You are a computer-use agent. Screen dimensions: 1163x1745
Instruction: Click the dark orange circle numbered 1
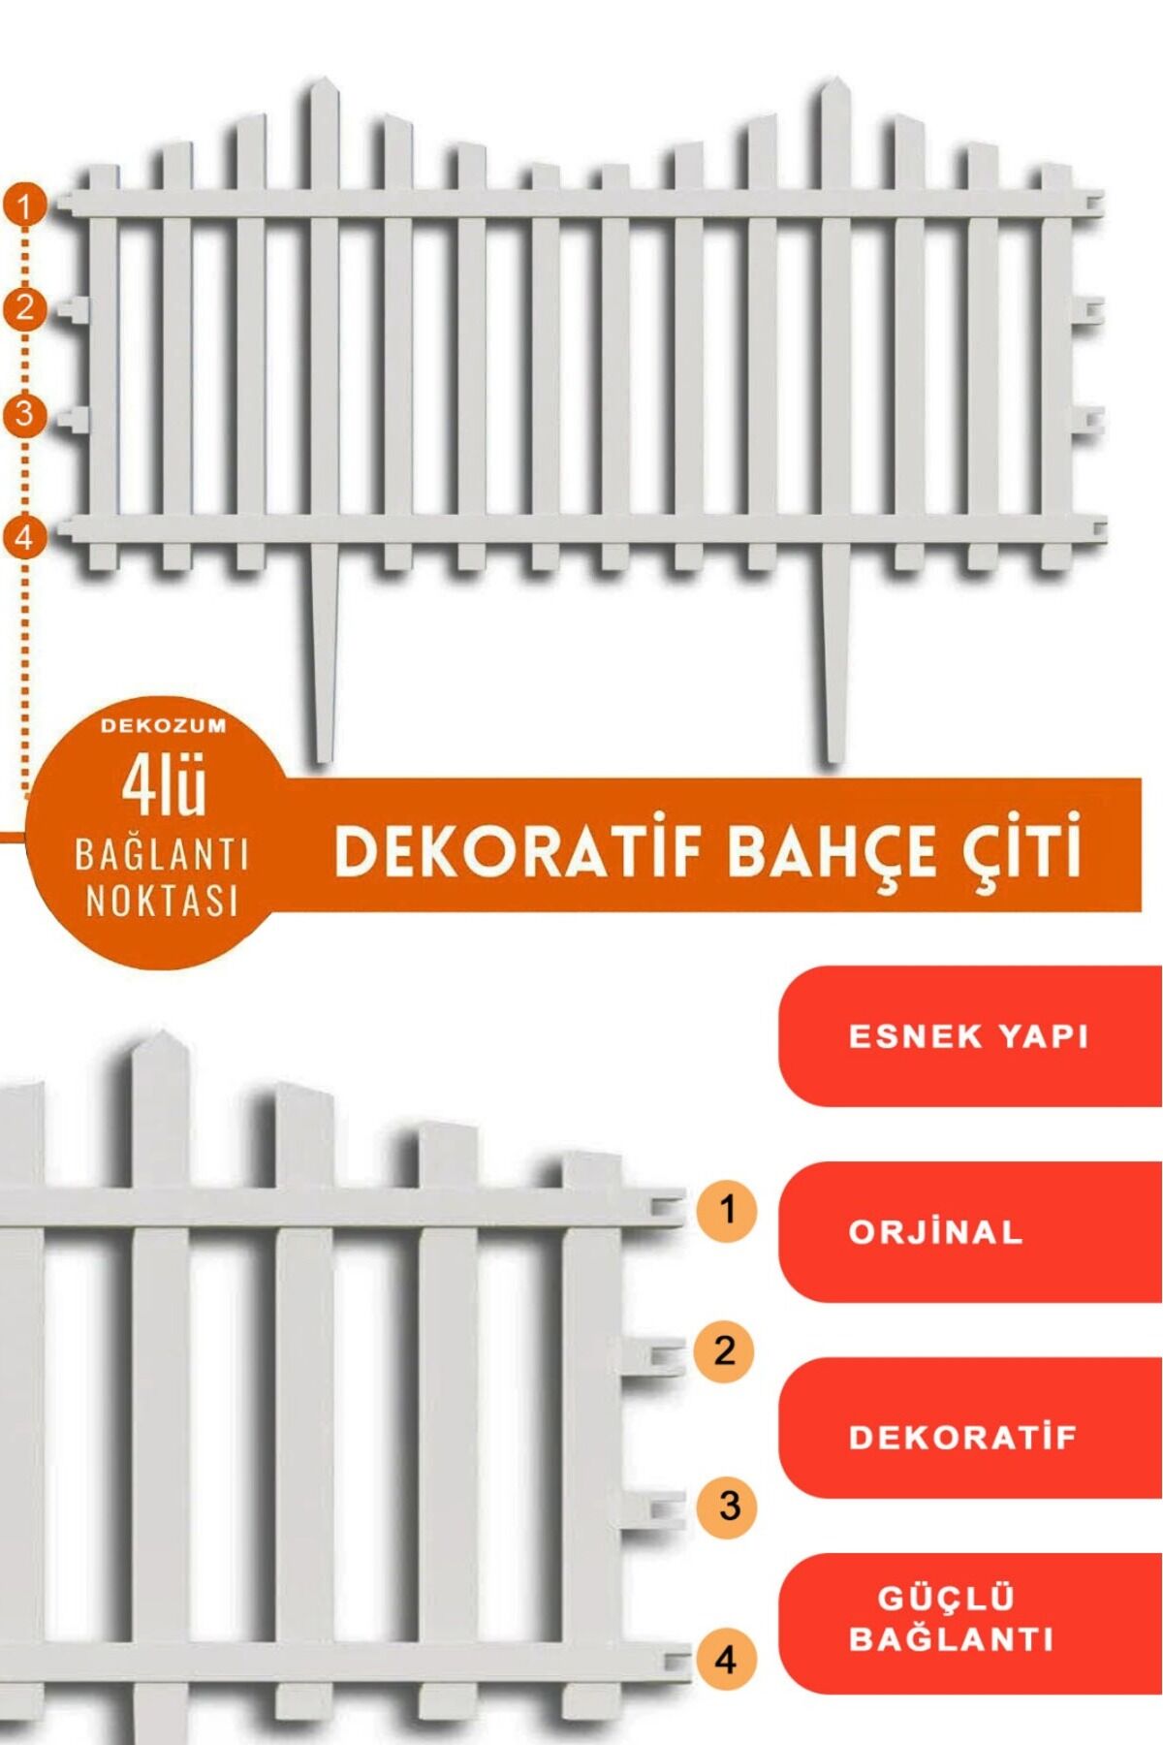click(25, 206)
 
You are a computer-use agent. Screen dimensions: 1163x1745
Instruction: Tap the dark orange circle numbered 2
click(25, 308)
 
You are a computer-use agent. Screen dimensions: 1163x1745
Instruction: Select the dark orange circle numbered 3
click(25, 414)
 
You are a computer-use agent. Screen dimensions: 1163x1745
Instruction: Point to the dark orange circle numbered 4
click(25, 537)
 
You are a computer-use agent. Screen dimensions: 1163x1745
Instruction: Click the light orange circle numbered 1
click(727, 1210)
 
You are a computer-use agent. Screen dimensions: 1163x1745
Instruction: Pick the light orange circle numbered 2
click(725, 1350)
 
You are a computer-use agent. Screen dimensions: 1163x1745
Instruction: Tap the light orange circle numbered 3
click(729, 1507)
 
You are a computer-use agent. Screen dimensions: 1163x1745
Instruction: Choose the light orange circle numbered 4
click(726, 1660)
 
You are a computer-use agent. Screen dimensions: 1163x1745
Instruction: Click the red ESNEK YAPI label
click(970, 1036)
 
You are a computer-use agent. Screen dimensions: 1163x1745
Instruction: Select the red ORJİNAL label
click(970, 1232)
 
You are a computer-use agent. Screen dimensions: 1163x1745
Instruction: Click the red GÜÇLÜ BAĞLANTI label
click(970, 1624)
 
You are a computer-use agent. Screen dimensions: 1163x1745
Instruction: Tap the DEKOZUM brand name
click(163, 725)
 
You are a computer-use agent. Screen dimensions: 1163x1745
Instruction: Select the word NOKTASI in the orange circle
click(162, 901)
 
